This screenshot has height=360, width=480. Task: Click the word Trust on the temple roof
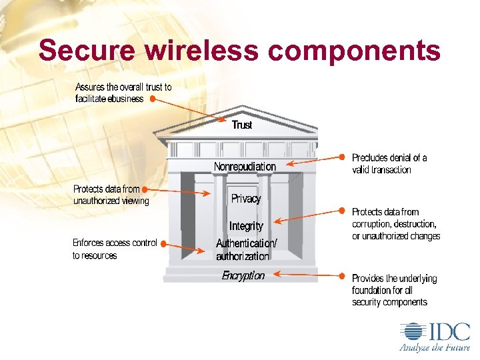pyautogui.click(x=242, y=125)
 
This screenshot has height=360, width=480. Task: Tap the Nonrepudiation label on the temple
pyautogui.click(x=245, y=166)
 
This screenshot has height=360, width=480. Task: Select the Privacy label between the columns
pyautogui.click(x=245, y=199)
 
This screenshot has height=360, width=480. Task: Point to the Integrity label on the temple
pyautogui.click(x=246, y=227)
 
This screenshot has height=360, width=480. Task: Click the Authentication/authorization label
pyautogui.click(x=245, y=249)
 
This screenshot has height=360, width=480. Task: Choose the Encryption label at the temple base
pyautogui.click(x=243, y=275)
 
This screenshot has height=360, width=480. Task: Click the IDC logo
pyautogui.click(x=434, y=332)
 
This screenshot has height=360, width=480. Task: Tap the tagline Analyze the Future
pyautogui.click(x=434, y=347)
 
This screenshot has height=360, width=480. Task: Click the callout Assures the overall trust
pyautogui.click(x=123, y=93)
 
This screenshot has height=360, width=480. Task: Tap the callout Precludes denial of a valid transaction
pyautogui.click(x=389, y=163)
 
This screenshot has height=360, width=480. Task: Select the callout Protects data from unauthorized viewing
pyautogui.click(x=111, y=195)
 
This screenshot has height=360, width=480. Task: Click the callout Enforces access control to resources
pyautogui.click(x=115, y=249)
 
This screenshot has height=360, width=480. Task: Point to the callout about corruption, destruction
pyautogui.click(x=396, y=224)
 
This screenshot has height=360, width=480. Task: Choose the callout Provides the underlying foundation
pyautogui.click(x=394, y=290)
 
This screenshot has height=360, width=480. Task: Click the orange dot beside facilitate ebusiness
pyautogui.click(x=153, y=99)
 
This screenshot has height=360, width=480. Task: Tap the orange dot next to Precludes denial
pyautogui.click(x=342, y=157)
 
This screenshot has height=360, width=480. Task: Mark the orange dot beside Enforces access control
pyautogui.click(x=164, y=245)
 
